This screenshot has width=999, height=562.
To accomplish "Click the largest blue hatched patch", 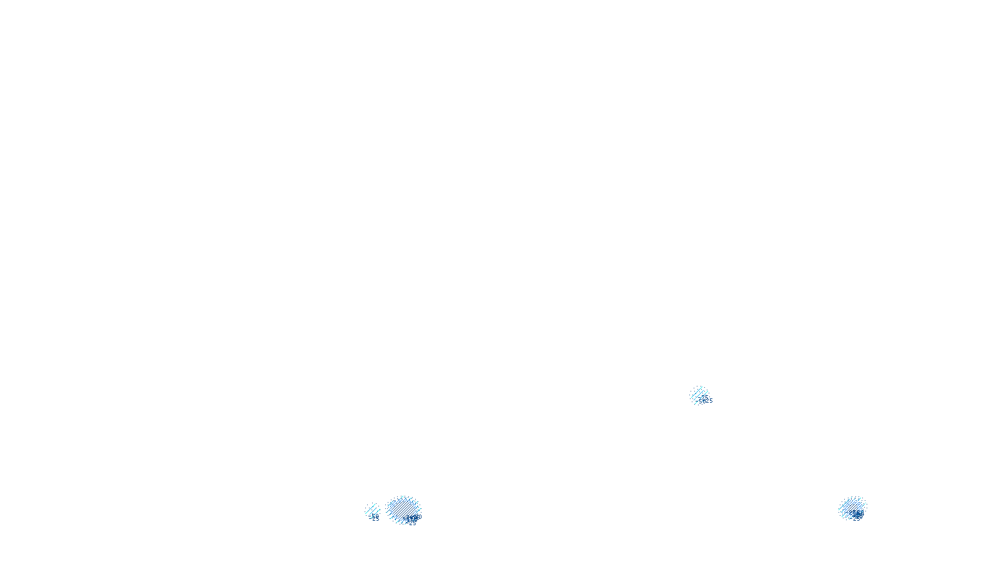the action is tap(403, 509).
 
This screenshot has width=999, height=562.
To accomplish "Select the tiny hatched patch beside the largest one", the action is tap(372, 511).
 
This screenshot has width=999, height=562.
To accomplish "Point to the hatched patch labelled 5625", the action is tap(698, 394).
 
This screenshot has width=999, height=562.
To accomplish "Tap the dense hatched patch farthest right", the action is tap(851, 507).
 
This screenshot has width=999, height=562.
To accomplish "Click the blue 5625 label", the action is tap(706, 401).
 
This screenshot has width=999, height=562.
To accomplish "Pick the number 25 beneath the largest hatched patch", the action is tap(412, 523).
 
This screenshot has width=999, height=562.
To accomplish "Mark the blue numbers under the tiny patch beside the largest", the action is tap(375, 518).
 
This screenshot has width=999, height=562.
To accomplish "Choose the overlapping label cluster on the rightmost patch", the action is tap(857, 515).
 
